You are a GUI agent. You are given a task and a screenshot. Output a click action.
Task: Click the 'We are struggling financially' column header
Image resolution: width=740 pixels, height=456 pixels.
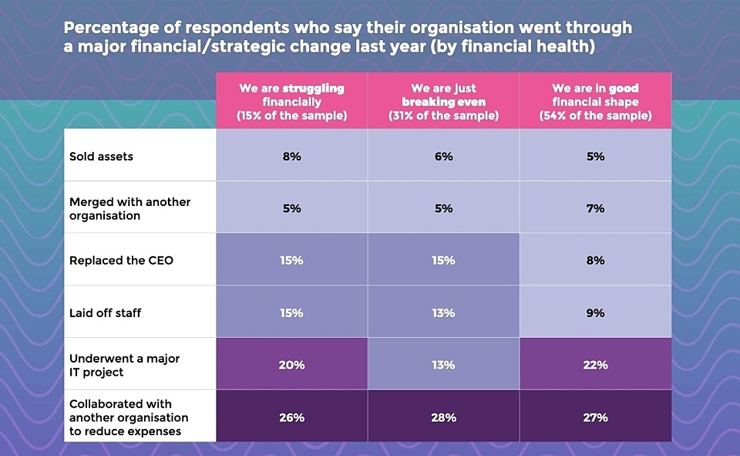pyautogui.click(x=291, y=102)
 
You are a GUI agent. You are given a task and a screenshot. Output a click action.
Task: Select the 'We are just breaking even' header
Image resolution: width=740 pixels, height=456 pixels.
pyautogui.click(x=443, y=102)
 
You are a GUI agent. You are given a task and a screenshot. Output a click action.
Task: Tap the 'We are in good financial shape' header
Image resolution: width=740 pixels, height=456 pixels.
pyautogui.click(x=595, y=102)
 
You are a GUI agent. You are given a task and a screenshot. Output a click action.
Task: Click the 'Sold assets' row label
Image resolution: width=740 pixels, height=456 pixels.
pyautogui.click(x=101, y=157)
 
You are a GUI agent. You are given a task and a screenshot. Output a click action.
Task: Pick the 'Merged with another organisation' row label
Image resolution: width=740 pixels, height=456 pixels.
pyautogui.click(x=129, y=208)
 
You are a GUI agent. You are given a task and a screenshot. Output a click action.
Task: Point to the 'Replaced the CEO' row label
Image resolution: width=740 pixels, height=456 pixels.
pyautogui.click(x=121, y=261)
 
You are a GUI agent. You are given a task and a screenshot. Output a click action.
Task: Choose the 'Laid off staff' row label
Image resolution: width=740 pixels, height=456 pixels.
pyautogui.click(x=106, y=313)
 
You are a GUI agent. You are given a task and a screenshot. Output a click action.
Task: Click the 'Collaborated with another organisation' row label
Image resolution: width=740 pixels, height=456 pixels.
pyautogui.click(x=128, y=417)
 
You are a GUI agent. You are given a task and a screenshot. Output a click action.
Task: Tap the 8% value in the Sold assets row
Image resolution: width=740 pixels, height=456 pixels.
pyautogui.click(x=291, y=157)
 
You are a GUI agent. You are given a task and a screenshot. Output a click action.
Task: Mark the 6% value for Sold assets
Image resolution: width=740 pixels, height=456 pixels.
pyautogui.click(x=443, y=157)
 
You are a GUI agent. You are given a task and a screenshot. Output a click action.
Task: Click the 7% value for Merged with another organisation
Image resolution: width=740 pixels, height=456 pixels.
pyautogui.click(x=595, y=208)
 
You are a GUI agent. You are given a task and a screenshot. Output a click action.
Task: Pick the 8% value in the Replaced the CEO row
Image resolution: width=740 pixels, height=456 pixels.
pyautogui.click(x=595, y=261)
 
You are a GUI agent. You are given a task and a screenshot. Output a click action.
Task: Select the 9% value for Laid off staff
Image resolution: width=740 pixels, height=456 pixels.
pyautogui.click(x=595, y=313)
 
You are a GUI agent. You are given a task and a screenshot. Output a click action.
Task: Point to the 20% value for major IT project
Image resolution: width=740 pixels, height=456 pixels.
pyautogui.click(x=291, y=365)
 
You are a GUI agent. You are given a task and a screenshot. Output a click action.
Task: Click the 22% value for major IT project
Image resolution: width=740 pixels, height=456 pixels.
pyautogui.click(x=595, y=365)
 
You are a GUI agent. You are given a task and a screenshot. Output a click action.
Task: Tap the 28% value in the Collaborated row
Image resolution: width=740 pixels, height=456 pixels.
pyautogui.click(x=443, y=417)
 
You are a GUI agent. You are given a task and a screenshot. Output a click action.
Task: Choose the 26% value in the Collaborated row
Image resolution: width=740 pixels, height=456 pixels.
pyautogui.click(x=291, y=417)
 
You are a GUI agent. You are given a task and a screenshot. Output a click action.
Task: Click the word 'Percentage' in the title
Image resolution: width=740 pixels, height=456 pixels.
pyautogui.click(x=108, y=28)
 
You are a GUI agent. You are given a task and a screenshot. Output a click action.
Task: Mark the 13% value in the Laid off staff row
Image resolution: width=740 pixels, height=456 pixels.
pyautogui.click(x=443, y=313)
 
